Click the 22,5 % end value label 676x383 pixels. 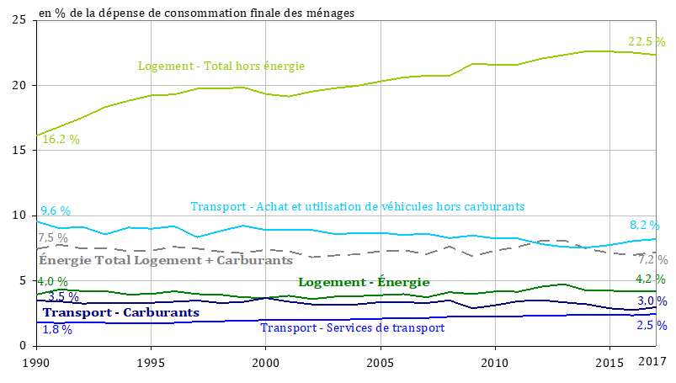[646, 41]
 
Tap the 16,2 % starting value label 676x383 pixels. [61, 140]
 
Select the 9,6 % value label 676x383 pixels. [56, 210]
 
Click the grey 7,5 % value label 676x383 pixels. [52, 238]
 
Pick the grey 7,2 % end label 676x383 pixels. [652, 259]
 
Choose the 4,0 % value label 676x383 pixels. [52, 281]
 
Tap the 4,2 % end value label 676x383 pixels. [651, 279]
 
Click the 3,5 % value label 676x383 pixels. [63, 296]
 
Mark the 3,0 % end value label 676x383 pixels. [652, 301]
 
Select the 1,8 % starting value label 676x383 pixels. [56, 329]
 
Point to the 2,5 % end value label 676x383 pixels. [651, 325]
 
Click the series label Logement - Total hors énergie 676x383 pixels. [221, 66]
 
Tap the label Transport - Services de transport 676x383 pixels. [352, 327]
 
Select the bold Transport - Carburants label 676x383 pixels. [121, 312]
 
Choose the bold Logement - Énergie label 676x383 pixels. [364, 282]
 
